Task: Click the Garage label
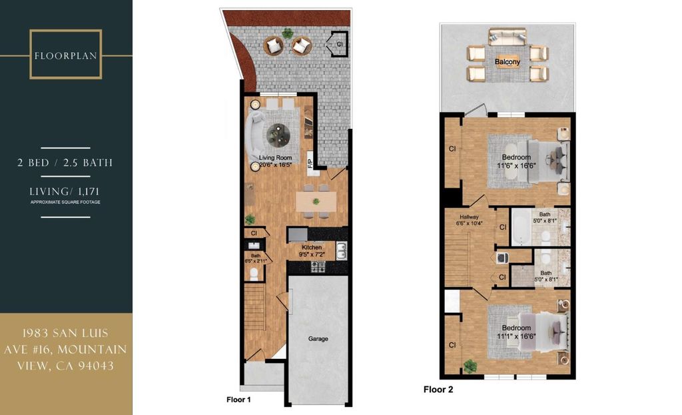point(318,339)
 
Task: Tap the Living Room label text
point(275,158)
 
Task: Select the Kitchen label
point(312,247)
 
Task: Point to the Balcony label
point(507,62)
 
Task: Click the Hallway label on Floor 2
point(469,217)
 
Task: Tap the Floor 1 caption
point(238,399)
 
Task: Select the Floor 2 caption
point(438,389)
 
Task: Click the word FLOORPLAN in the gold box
point(66,56)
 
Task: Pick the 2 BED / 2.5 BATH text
point(65,163)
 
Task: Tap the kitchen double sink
point(342,251)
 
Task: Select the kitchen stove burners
point(318,266)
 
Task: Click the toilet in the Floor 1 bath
point(254,274)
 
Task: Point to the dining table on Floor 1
point(316,201)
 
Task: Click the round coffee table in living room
point(278,135)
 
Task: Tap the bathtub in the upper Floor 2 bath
point(520,228)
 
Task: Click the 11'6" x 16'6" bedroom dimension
point(516,165)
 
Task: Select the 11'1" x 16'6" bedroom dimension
point(516,336)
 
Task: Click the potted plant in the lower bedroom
point(470,366)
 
